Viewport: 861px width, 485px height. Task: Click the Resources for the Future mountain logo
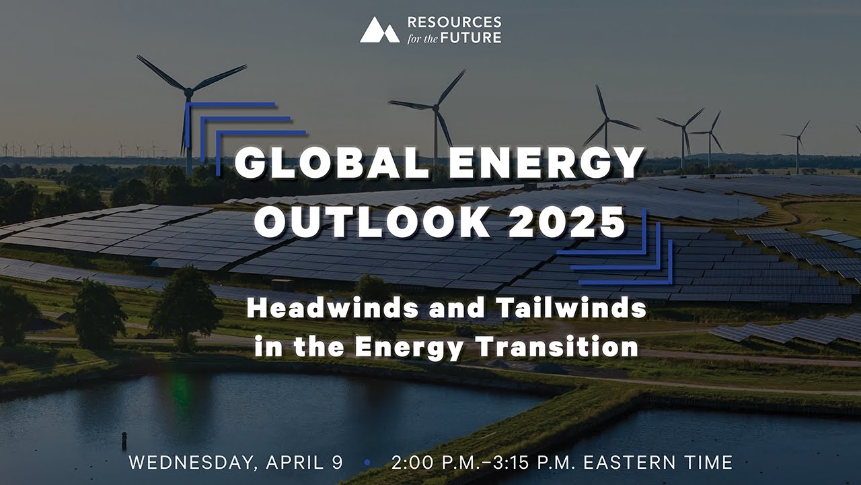(x=379, y=30)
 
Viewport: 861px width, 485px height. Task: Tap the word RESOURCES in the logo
(x=454, y=23)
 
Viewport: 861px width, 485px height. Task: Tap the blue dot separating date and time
(x=367, y=463)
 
